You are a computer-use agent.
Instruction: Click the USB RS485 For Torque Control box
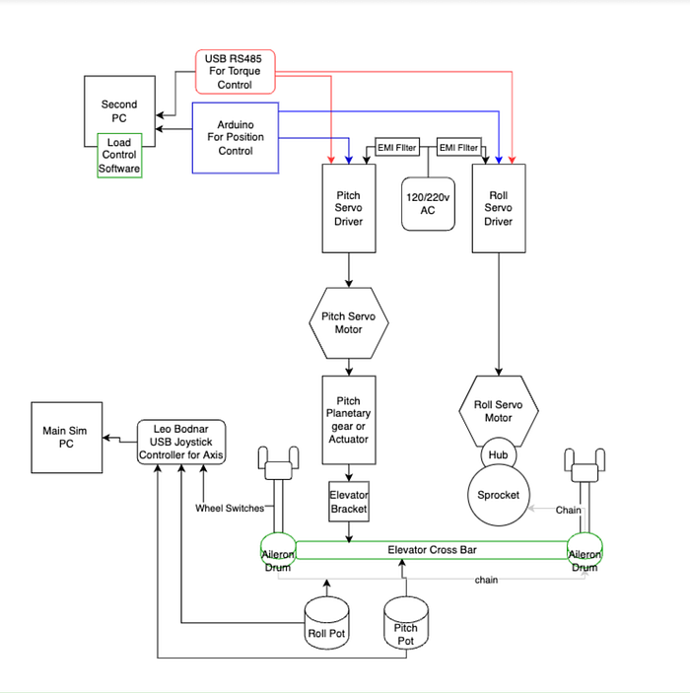pyautogui.click(x=236, y=72)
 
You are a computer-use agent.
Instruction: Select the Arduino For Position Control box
pyautogui.click(x=236, y=137)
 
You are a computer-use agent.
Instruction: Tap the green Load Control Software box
pyautogui.click(x=119, y=155)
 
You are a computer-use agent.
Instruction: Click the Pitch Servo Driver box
pyautogui.click(x=349, y=208)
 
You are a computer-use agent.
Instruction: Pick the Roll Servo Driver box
pyautogui.click(x=499, y=208)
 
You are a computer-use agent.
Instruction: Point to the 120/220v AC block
pyautogui.click(x=428, y=204)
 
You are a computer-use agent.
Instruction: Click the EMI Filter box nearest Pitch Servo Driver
pyautogui.click(x=397, y=147)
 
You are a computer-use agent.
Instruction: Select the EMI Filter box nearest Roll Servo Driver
pyautogui.click(x=458, y=147)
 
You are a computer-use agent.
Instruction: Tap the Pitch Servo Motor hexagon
pyautogui.click(x=349, y=323)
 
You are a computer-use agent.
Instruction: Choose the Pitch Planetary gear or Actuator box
pyautogui.click(x=349, y=420)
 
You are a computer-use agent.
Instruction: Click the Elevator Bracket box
pyautogui.click(x=349, y=502)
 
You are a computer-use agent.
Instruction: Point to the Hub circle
pyautogui.click(x=498, y=454)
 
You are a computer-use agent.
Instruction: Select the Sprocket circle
pyautogui.click(x=498, y=495)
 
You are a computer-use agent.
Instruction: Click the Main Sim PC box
pyautogui.click(x=67, y=438)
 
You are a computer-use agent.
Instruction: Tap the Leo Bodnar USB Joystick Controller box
pyautogui.click(x=181, y=442)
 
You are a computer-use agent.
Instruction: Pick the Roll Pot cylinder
pyautogui.click(x=326, y=623)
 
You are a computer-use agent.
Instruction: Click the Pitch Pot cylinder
pyautogui.click(x=406, y=623)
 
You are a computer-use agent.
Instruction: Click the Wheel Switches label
pyautogui.click(x=230, y=509)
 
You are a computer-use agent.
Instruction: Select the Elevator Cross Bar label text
pyautogui.click(x=433, y=550)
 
